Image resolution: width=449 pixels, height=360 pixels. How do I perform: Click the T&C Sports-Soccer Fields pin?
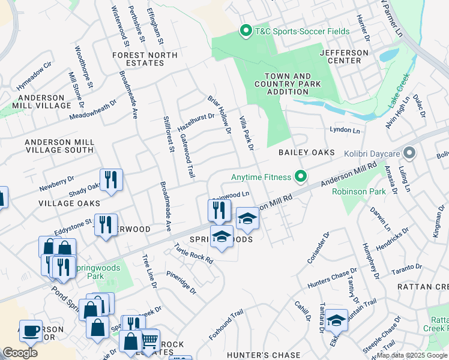click(245, 31)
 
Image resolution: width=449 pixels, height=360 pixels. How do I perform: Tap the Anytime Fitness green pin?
click(300, 176)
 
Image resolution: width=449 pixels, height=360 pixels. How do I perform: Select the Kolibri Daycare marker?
click(409, 153)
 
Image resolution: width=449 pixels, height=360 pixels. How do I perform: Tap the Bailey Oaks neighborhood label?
click(306, 153)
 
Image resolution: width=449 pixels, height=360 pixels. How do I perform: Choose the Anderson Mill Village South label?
click(59, 146)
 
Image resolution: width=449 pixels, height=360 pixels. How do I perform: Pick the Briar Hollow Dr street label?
click(220, 113)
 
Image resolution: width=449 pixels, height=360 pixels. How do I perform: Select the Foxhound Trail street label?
click(226, 323)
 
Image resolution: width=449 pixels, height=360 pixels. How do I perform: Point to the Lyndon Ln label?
click(345, 130)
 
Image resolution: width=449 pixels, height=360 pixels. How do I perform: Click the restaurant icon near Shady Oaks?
click(111, 179)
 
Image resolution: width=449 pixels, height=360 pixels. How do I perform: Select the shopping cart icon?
click(149, 340)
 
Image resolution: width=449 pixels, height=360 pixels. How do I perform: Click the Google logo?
click(20, 353)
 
